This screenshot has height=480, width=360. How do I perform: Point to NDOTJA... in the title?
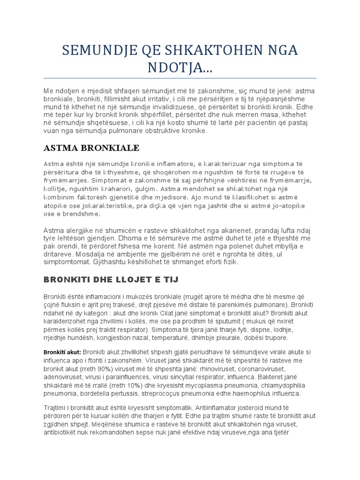pyautogui.click(x=180, y=68)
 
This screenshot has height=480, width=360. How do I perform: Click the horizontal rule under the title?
pyautogui.click(x=180, y=78)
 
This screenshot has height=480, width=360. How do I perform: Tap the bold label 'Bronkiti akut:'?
pyautogui.click(x=62, y=352)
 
